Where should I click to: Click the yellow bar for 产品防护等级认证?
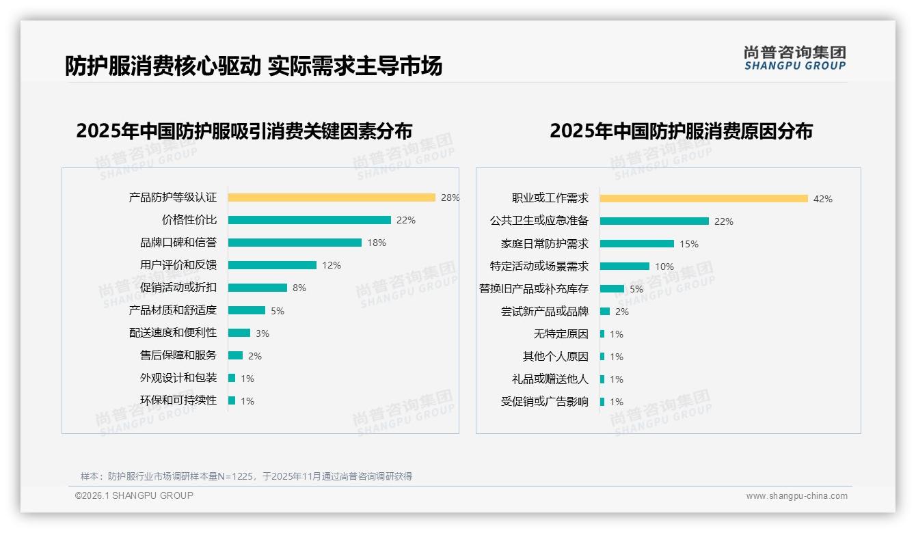click(x=332, y=197)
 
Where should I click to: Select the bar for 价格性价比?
click(x=309, y=220)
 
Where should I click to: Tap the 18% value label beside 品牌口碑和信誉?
click(x=377, y=243)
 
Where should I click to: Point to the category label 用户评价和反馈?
click(x=178, y=265)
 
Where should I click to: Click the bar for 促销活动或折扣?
click(x=258, y=288)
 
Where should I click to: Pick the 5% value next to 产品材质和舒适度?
click(x=277, y=311)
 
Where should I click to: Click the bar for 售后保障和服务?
click(x=235, y=355)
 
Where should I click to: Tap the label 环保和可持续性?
click(x=178, y=400)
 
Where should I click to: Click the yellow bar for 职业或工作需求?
click(x=704, y=199)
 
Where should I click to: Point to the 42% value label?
click(x=822, y=199)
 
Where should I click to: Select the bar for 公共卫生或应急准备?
click(x=654, y=221)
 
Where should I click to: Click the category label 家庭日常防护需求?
click(x=544, y=244)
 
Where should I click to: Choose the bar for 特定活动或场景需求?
click(x=625, y=266)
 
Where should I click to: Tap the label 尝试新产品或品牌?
click(x=544, y=312)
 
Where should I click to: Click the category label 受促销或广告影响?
click(x=544, y=402)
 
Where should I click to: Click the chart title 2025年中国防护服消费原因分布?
click(x=681, y=131)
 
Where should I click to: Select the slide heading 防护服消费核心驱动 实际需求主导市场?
click(x=254, y=66)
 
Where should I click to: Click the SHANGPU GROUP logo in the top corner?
click(x=794, y=57)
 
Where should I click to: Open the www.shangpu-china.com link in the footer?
click(x=796, y=496)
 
